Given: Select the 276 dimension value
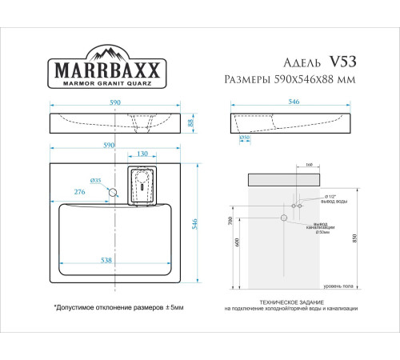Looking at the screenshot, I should point(81,192).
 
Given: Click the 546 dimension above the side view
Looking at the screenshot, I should point(293,103).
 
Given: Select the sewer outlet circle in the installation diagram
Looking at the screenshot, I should point(284,218).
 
